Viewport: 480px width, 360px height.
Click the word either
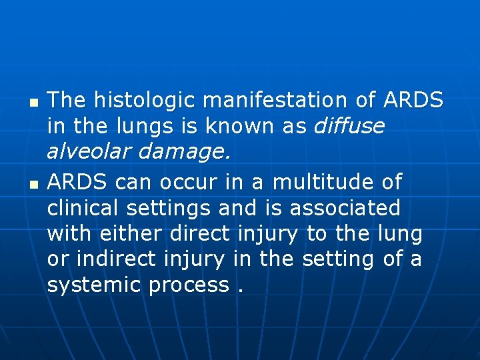point(131,233)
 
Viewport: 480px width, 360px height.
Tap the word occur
point(182,181)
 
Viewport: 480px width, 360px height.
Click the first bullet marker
point(33,105)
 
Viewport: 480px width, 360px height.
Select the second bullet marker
point(33,183)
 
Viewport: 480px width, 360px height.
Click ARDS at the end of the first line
point(413,101)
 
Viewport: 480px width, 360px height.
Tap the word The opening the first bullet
point(67,101)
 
